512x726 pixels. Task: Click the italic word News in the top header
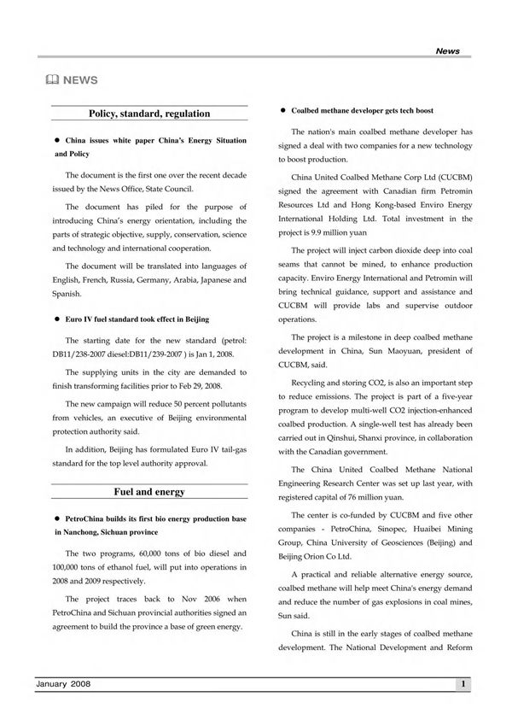click(447, 51)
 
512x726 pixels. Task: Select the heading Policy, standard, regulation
click(149, 113)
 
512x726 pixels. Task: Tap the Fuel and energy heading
click(149, 492)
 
